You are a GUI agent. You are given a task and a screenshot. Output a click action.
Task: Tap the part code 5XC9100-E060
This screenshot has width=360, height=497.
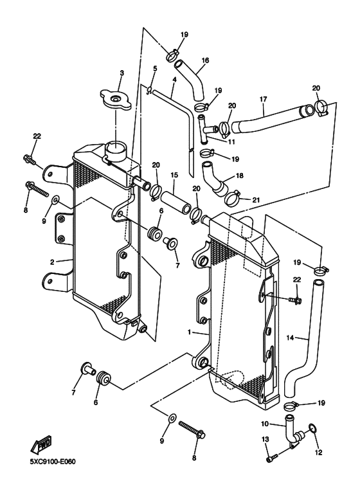pyautogui.click(x=53, y=461)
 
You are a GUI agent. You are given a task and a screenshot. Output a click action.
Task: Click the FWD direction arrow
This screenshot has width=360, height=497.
pyautogui.click(x=41, y=444)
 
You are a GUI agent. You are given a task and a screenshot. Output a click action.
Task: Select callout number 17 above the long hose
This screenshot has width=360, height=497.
pyautogui.click(x=264, y=99)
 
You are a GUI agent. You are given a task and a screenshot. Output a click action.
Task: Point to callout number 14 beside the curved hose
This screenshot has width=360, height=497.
pyautogui.click(x=290, y=338)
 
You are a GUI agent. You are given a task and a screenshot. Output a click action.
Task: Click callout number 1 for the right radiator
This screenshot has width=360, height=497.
pyautogui.click(x=189, y=332)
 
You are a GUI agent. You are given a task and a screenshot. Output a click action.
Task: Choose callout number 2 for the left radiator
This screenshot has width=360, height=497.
pyautogui.click(x=52, y=262)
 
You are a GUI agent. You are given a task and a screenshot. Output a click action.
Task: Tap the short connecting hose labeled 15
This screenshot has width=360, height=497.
pyautogui.click(x=175, y=204)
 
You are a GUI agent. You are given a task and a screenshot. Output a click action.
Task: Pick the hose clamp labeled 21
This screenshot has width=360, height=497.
pyautogui.click(x=233, y=199)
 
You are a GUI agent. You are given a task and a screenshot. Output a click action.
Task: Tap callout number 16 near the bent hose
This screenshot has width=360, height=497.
pyautogui.click(x=205, y=60)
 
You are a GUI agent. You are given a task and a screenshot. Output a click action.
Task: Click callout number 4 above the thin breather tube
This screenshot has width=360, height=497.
pyautogui.click(x=174, y=80)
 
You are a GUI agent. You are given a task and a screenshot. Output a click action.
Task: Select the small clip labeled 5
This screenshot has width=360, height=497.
pyautogui.click(x=149, y=90)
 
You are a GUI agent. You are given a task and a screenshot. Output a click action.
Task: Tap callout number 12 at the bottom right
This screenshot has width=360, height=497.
pyautogui.click(x=318, y=452)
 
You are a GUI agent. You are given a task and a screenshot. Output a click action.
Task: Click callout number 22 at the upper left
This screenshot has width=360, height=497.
pyautogui.click(x=37, y=136)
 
